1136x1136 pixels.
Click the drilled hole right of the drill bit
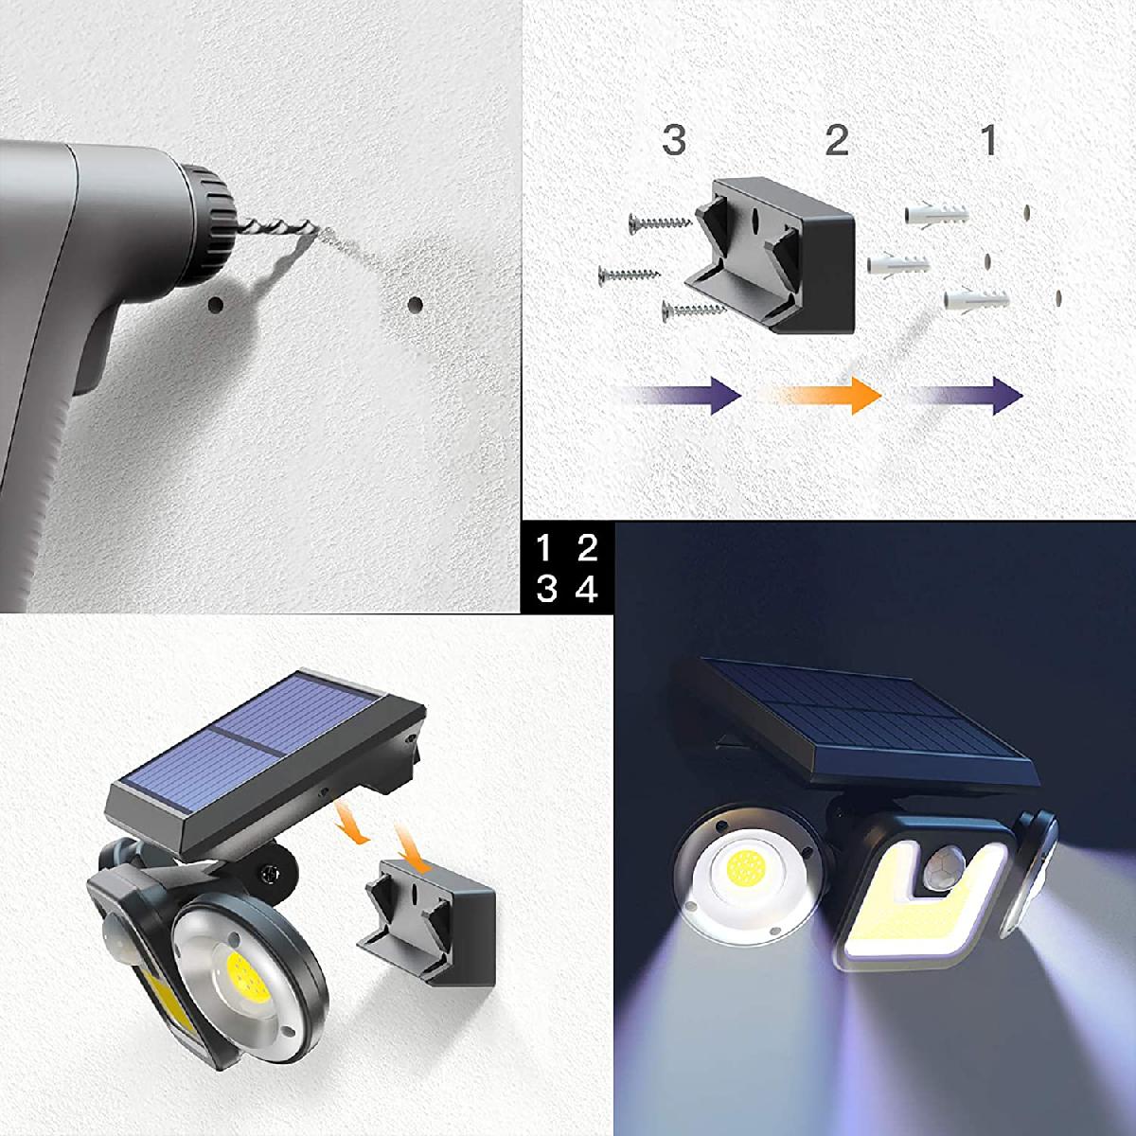pos(415,304)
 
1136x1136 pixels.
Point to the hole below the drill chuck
pos(216,305)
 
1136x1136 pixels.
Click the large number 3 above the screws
pos(674,140)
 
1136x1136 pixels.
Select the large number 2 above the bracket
pos(837,140)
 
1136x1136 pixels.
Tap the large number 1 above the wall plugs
pos(990,140)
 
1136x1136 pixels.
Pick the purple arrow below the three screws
pos(678,396)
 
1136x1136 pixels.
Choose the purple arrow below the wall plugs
pos(967,396)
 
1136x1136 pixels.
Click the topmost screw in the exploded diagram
pos(660,222)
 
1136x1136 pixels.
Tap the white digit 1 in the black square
pos(543,548)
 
